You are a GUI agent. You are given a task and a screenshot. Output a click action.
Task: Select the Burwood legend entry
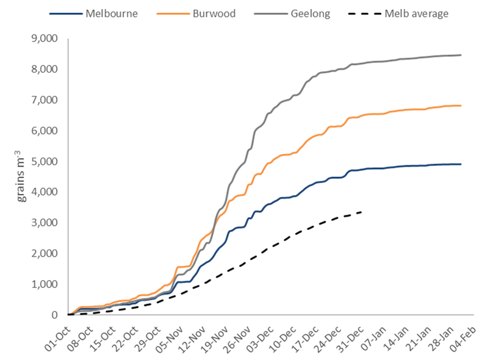coord(207,13)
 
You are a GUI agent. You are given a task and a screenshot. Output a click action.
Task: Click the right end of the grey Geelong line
coord(461,55)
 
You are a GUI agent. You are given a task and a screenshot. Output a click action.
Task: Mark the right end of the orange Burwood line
coord(461,106)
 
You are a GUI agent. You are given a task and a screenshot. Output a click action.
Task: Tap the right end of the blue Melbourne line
coord(461,164)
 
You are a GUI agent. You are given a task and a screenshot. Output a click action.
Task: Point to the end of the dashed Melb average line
coord(362,212)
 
